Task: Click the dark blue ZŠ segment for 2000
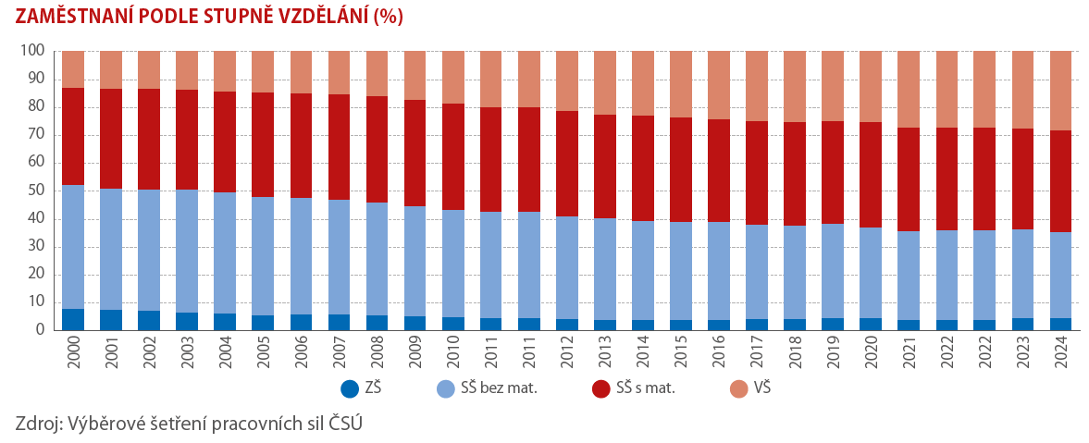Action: pyautogui.click(x=73, y=319)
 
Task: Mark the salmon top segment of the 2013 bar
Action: pyautogui.click(x=605, y=83)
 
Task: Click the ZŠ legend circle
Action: pyautogui.click(x=349, y=389)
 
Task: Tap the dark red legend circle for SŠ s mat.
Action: pyautogui.click(x=600, y=389)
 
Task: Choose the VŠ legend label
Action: pyautogui.click(x=760, y=389)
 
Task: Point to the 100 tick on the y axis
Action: pyautogui.click(x=32, y=52)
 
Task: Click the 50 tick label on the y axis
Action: pyautogui.click(x=36, y=191)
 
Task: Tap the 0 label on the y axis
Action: pyautogui.click(x=40, y=330)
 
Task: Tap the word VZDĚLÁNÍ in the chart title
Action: pyautogui.click(x=323, y=18)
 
